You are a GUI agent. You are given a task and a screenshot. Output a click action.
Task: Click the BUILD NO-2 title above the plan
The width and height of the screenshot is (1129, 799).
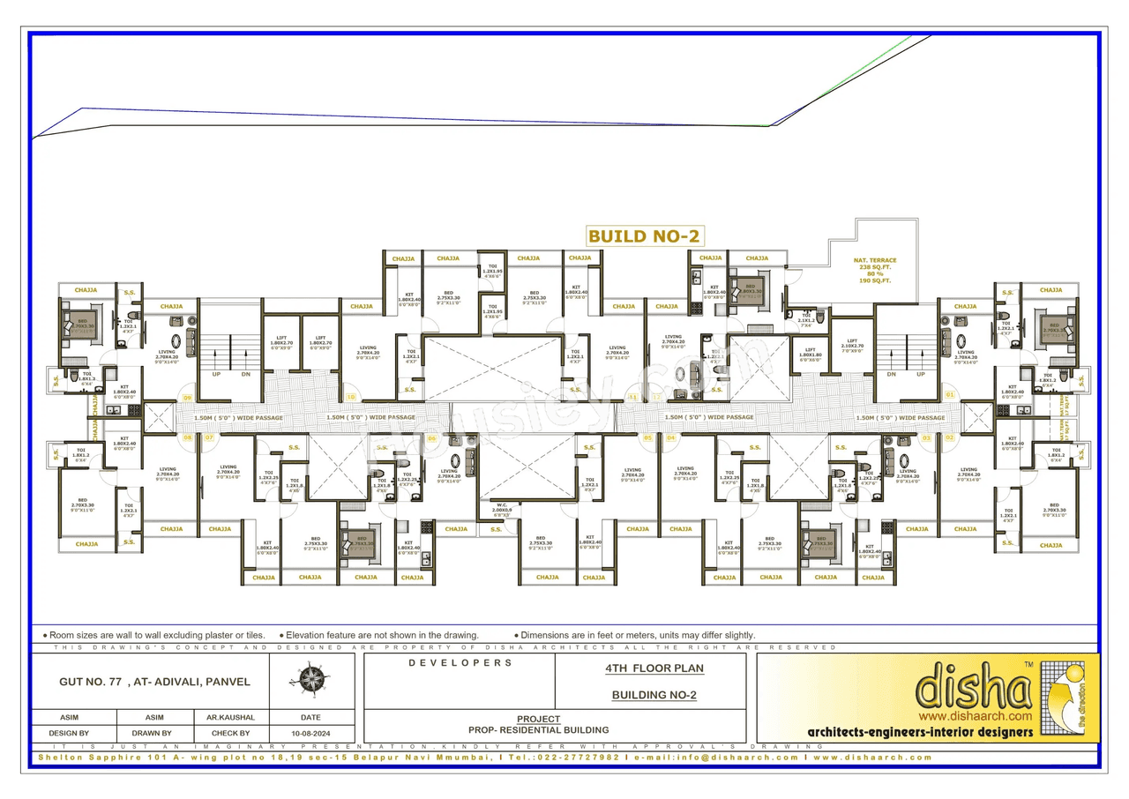click(x=644, y=236)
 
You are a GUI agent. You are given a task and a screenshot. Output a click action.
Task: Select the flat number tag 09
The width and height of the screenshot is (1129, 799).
click(x=186, y=397)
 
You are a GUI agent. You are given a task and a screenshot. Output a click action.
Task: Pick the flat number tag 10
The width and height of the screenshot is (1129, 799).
click(x=351, y=397)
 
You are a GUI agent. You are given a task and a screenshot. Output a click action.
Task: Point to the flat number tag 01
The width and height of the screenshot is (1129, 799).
click(x=949, y=394)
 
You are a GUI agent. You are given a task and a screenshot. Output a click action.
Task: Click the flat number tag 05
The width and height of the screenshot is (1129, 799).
click(x=647, y=437)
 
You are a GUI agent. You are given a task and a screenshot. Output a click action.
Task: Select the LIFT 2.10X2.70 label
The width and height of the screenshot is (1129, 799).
click(x=851, y=345)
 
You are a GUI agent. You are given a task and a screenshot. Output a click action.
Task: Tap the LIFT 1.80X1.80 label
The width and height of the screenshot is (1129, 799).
click(x=810, y=355)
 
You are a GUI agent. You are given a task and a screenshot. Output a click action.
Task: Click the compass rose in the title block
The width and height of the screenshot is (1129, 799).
click(x=311, y=680)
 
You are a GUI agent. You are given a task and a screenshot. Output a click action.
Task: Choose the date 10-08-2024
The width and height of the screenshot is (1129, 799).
click(x=310, y=734)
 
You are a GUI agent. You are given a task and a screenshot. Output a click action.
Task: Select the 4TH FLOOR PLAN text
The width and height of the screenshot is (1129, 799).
click(x=654, y=668)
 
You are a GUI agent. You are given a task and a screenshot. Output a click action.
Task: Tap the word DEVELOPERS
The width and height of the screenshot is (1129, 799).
click(x=460, y=662)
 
